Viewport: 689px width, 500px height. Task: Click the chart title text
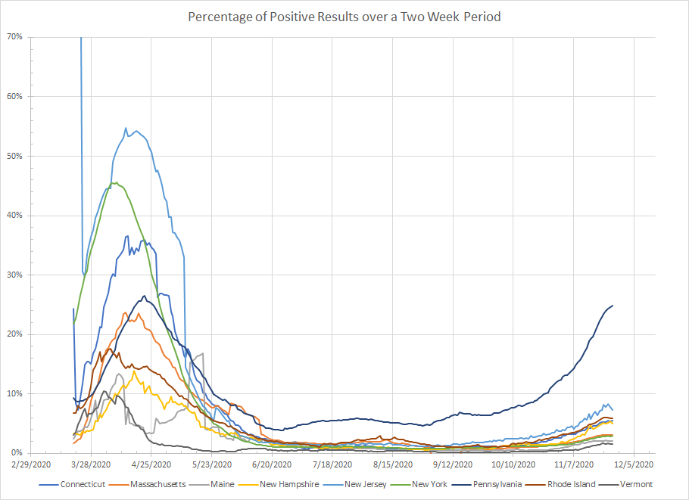coord(344,16)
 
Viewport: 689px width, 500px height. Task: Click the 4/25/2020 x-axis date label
coord(151,463)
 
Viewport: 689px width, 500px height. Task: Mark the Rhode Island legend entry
coord(570,484)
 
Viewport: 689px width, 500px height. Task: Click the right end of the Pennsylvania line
coord(612,306)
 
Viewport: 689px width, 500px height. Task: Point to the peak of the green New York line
coord(114,182)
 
